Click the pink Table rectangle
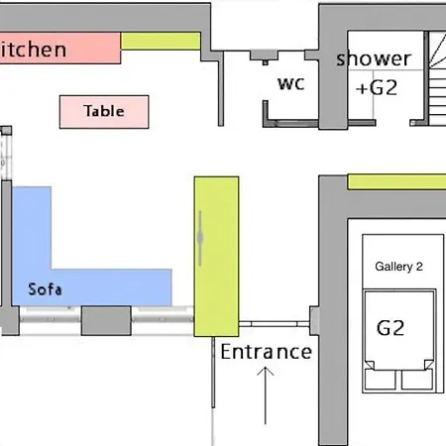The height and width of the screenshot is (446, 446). tap(104, 112)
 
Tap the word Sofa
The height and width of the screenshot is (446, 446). tap(45, 289)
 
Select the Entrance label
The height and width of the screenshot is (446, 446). tap(267, 352)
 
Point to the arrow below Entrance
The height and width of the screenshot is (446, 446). tap(266, 395)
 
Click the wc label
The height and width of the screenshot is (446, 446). tap(291, 84)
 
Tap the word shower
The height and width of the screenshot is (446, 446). tap(374, 58)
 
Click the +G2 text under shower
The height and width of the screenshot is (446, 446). tap(377, 88)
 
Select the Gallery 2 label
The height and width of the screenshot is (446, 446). tap(398, 267)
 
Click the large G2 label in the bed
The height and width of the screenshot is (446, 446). tap(390, 328)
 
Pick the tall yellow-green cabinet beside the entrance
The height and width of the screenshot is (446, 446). tap(216, 257)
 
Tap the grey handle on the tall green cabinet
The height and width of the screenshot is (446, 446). tap(200, 238)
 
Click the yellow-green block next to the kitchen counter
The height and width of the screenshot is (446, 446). tap(161, 41)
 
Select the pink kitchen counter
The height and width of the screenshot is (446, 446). tap(60, 48)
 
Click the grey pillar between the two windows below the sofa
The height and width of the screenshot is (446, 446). tap(106, 320)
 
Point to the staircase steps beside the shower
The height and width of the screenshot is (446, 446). tap(437, 78)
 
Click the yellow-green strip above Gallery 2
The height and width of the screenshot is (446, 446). tap(396, 182)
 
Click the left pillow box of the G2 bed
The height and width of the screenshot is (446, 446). tap(380, 379)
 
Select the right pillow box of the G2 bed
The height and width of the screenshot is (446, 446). tap(417, 379)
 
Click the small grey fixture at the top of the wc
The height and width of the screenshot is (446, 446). tap(264, 56)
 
